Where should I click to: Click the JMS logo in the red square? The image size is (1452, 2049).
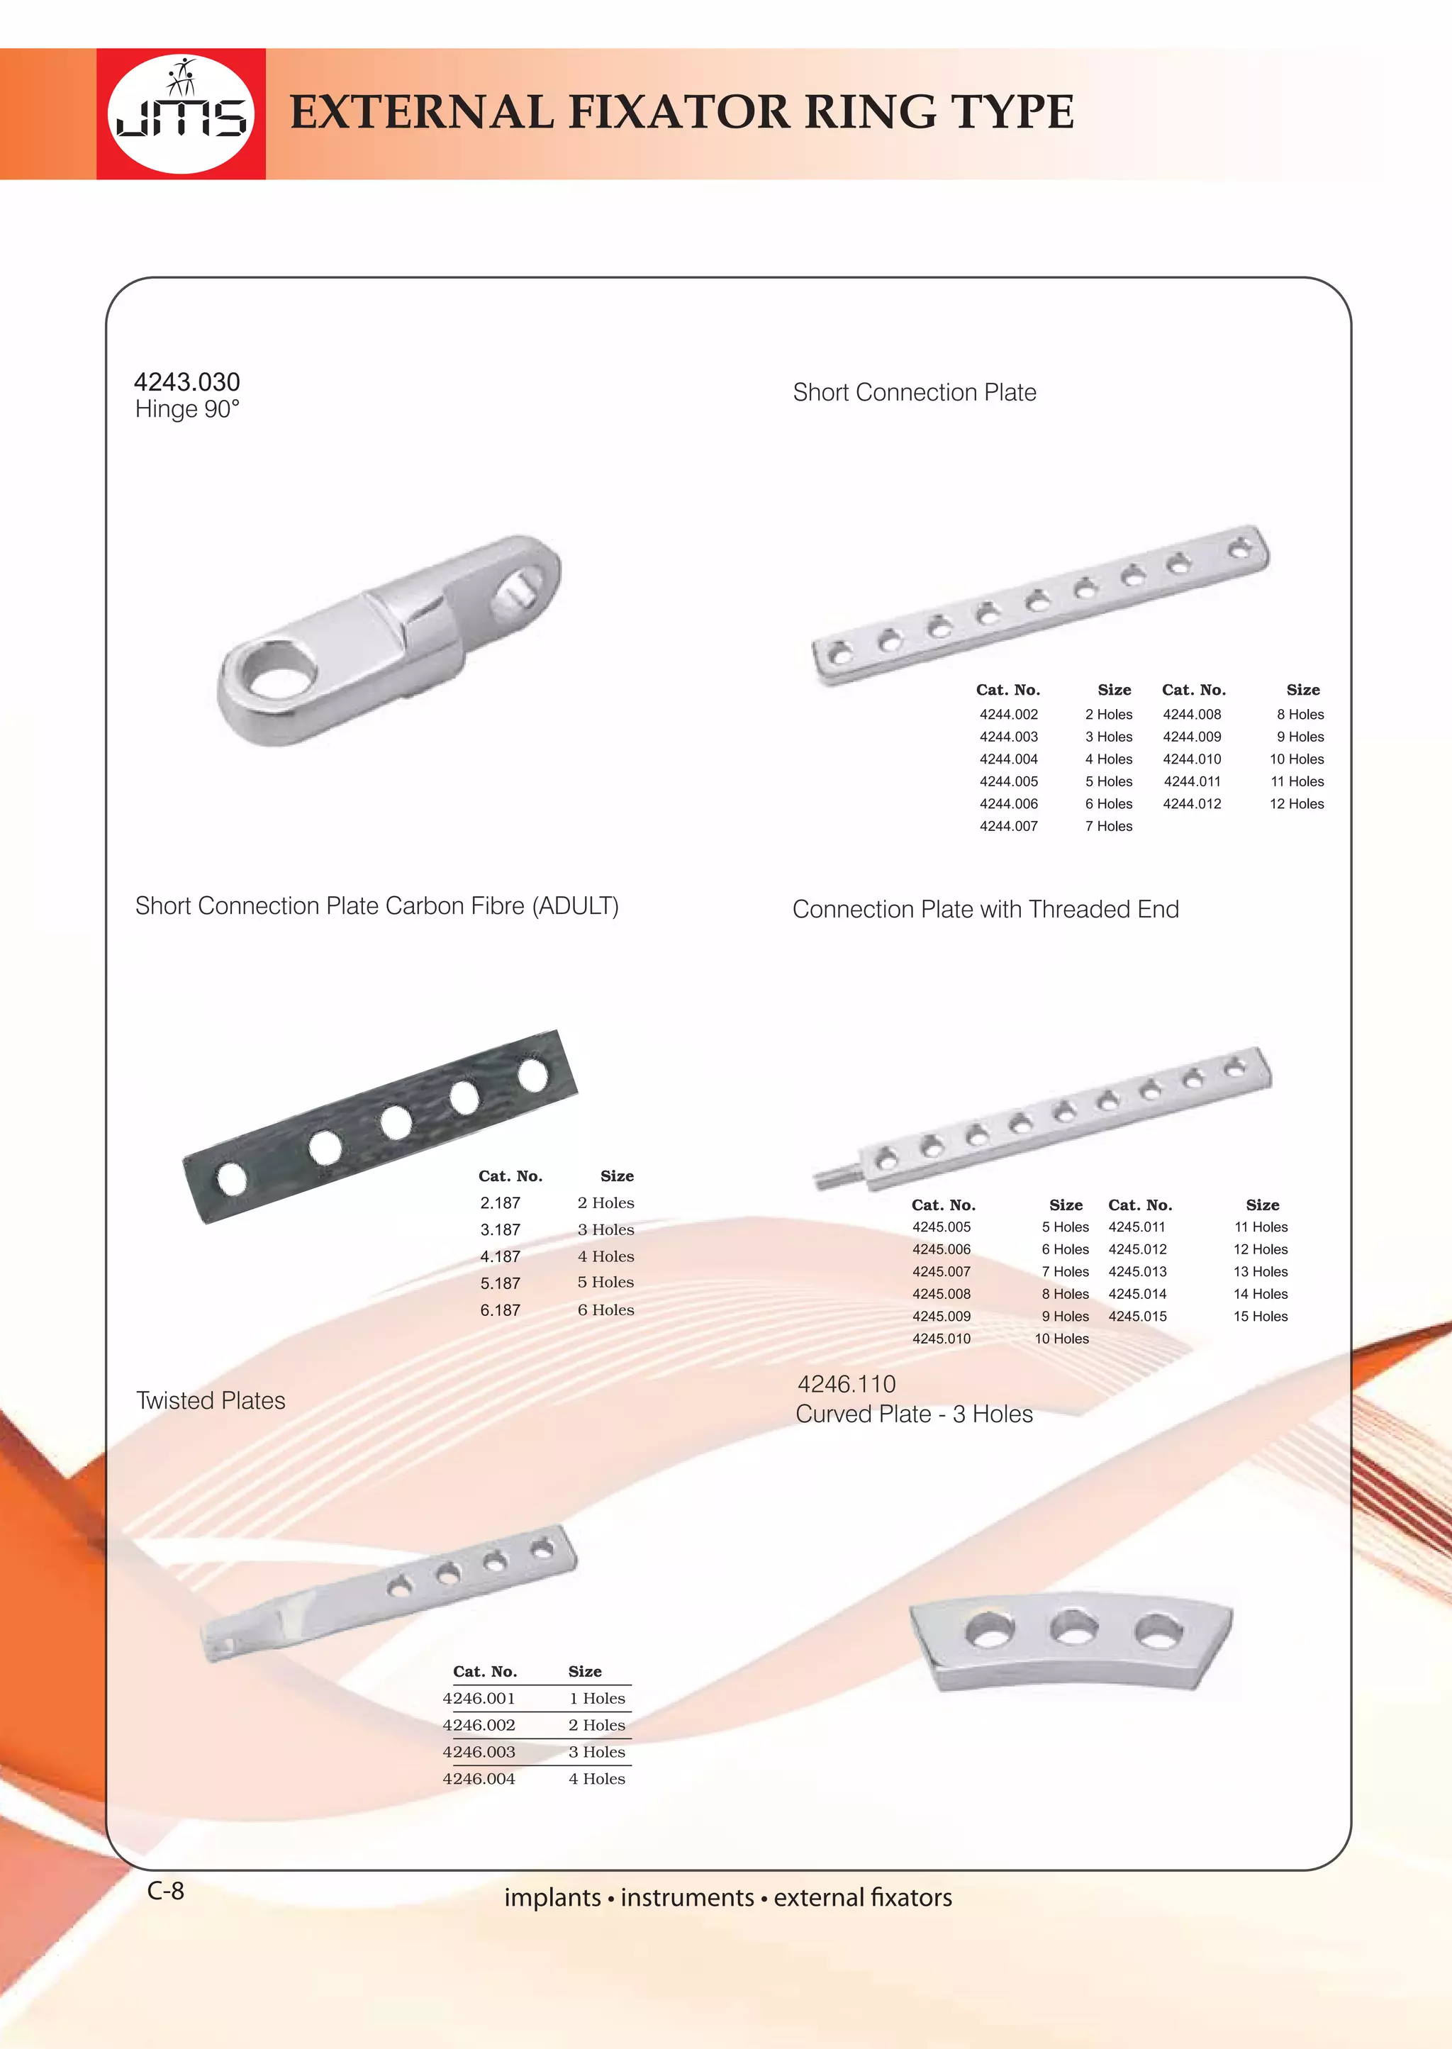(181, 113)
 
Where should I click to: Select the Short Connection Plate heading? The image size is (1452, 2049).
(914, 393)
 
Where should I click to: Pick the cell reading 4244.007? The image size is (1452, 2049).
(1009, 826)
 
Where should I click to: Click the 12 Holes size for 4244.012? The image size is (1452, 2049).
(1297, 804)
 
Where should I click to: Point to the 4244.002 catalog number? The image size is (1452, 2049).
(1009, 714)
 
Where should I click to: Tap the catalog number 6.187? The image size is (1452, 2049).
(500, 1310)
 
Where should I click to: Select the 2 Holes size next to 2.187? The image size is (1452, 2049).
(605, 1202)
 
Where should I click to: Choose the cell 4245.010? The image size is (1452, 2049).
(941, 1339)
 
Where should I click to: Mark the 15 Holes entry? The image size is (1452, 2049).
(1260, 1316)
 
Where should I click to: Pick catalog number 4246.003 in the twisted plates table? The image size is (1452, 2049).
(479, 1751)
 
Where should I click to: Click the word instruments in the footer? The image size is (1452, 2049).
(687, 1897)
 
